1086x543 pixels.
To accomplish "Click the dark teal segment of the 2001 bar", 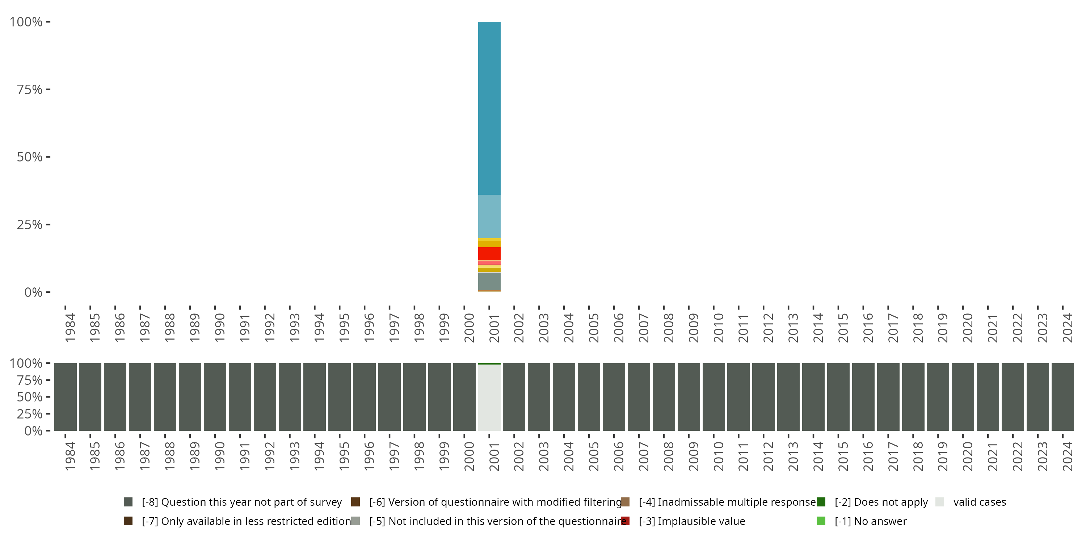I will point(489,108).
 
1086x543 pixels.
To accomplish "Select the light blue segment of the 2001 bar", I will point(489,216).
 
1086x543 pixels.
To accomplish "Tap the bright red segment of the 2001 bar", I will point(489,253).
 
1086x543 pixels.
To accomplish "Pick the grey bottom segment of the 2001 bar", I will point(489,282).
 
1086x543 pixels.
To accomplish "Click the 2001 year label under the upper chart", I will point(494,328).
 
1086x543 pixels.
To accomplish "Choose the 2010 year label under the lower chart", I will point(718,456).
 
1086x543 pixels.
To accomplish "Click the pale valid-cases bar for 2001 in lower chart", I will point(489,397).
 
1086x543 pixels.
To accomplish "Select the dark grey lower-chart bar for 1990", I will point(215,397).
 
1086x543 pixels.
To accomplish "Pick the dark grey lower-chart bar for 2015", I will point(838,397).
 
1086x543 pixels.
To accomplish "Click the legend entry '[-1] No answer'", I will point(870,521).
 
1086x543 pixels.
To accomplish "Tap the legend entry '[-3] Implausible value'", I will point(691,521).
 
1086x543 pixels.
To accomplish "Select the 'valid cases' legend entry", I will point(979,502).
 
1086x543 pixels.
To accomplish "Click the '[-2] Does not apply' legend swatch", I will point(821,502).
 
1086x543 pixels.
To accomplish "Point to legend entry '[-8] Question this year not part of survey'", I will point(241,502).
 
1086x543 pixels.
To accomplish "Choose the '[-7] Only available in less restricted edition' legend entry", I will point(246,521).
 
